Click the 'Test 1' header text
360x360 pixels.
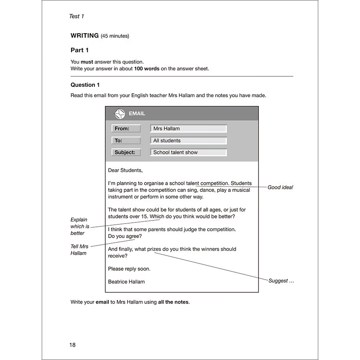[x=76, y=16]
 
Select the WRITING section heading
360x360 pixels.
[x=85, y=36]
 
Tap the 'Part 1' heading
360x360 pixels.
[x=80, y=50]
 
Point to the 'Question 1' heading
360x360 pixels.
[x=85, y=85]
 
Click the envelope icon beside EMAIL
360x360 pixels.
[x=120, y=114]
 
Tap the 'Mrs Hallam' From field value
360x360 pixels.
[x=166, y=128]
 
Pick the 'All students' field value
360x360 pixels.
[x=167, y=140]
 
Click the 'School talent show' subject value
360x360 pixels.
[x=175, y=152]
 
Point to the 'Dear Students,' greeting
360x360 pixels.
[x=125, y=170]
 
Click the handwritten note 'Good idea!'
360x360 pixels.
[x=280, y=187]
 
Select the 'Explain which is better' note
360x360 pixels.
[x=80, y=226]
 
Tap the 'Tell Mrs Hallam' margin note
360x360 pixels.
[x=79, y=250]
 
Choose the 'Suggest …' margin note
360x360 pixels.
[x=281, y=281]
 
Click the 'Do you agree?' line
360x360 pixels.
[x=124, y=236]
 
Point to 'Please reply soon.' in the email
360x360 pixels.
[x=129, y=269]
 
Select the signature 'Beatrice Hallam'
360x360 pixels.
[x=126, y=282]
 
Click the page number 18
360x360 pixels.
[x=72, y=345]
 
